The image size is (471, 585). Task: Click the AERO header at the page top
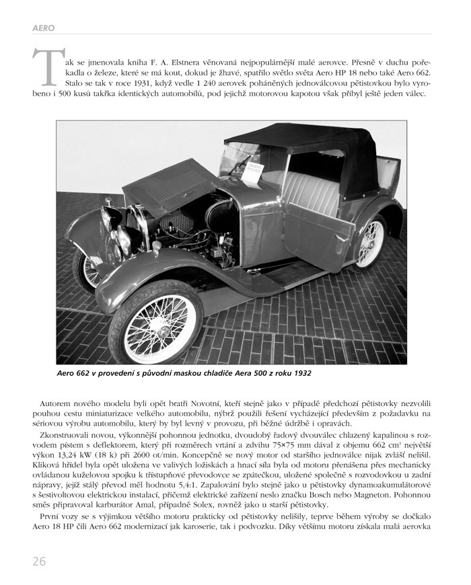click(x=43, y=28)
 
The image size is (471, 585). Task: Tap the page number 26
click(x=37, y=560)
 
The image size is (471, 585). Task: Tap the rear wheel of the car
click(x=371, y=241)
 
